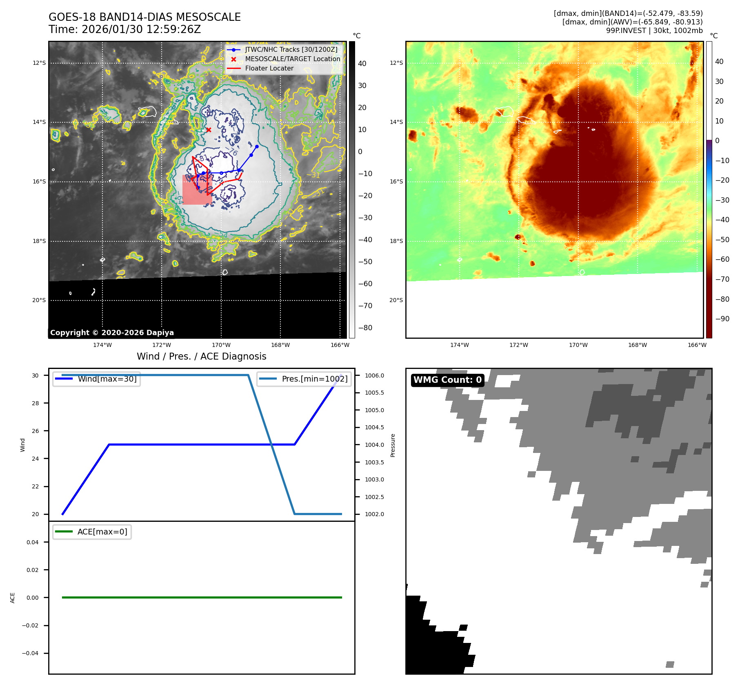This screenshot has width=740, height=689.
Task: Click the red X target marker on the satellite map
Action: (x=209, y=130)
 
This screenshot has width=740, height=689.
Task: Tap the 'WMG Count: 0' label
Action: (x=447, y=380)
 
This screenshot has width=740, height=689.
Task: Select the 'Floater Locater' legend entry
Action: (x=269, y=68)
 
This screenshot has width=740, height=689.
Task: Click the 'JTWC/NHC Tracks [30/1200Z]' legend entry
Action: (x=291, y=50)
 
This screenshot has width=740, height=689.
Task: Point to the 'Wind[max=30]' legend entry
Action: (x=107, y=379)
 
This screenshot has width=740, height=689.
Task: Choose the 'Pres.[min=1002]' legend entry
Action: (x=314, y=379)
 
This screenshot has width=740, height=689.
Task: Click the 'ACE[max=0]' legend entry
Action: (x=102, y=532)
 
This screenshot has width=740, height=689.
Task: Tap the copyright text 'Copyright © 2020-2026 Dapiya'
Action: (x=112, y=333)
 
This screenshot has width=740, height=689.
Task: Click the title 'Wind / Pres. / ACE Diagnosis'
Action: (x=201, y=356)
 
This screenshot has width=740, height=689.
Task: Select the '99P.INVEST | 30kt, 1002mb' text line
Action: (x=654, y=31)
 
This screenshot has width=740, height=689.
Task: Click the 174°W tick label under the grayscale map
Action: (x=102, y=345)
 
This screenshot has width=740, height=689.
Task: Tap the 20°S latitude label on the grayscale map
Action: (x=39, y=300)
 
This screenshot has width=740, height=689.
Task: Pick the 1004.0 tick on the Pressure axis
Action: (x=374, y=445)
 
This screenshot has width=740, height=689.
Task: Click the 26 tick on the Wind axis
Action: (x=36, y=431)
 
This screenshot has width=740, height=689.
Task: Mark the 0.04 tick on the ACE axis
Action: (x=33, y=542)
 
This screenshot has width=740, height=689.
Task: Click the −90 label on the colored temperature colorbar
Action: (x=722, y=319)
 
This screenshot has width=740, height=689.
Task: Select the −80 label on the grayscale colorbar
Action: (x=365, y=328)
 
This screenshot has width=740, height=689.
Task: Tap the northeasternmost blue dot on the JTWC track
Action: (x=257, y=146)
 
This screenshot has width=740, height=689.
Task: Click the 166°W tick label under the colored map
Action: (x=697, y=345)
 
